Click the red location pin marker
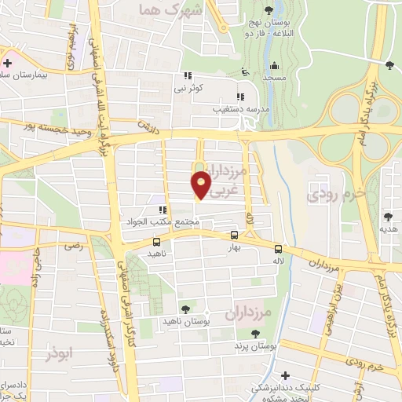(x=202, y=184)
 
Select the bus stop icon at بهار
(x=234, y=235)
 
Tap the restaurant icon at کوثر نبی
(x=187, y=76)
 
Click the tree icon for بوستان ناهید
(x=185, y=309)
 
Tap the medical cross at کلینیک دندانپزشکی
(x=286, y=375)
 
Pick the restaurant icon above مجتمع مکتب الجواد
(x=163, y=210)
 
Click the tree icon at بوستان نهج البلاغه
(x=269, y=9)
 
